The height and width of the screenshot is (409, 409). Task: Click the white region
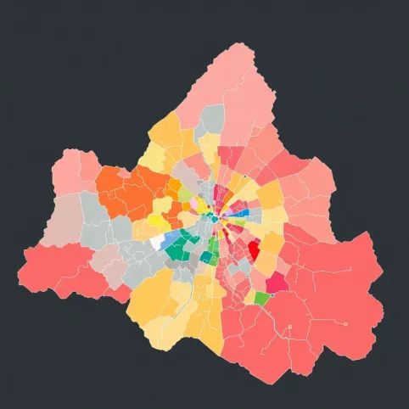click(x=157, y=243)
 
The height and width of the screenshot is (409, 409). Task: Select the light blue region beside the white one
click(x=171, y=237)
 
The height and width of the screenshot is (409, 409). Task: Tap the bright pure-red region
click(x=253, y=249)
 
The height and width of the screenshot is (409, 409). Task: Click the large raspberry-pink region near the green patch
click(x=277, y=283)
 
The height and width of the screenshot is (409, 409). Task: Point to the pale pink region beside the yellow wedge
click(x=194, y=204)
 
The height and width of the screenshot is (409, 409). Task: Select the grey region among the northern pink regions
click(x=210, y=119)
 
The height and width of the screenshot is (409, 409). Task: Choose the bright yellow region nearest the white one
click(x=158, y=221)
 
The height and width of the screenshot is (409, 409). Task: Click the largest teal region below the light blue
click(x=177, y=251)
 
